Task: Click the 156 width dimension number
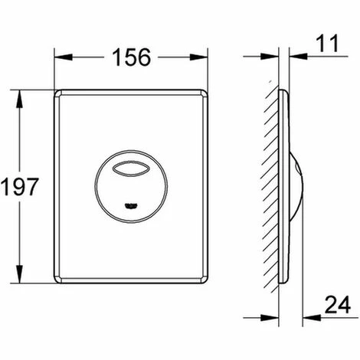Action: point(132,57)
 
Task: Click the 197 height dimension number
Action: point(19,187)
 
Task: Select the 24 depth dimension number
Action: point(338,305)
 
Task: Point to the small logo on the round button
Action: point(131,205)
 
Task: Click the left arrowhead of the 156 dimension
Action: point(63,57)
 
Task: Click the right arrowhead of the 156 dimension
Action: point(198,57)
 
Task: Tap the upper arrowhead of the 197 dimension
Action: point(19,100)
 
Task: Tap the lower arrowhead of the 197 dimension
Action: point(19,274)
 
